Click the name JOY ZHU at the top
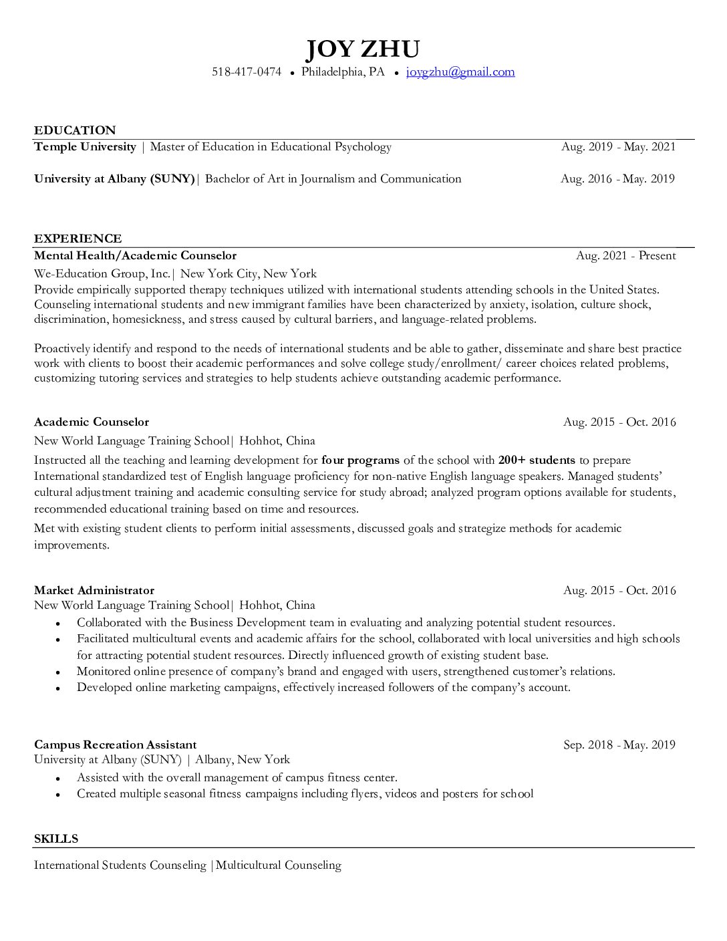coord(363,49)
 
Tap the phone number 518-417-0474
coord(247,72)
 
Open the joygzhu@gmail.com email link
coord(460,72)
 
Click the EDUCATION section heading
coord(75,130)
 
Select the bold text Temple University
coord(85,147)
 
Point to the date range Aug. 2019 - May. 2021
coord(618,147)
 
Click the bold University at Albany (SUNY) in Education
coord(114,179)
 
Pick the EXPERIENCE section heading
coord(78,239)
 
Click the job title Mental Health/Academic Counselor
coord(135,256)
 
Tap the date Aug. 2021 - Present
coord(626,256)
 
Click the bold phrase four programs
coord(360,460)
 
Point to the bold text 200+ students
coord(537,460)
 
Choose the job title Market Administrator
coord(94,591)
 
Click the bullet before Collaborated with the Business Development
coord(59,623)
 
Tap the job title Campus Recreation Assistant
coord(115,745)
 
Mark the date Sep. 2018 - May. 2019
coord(619,745)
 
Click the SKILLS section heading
coord(56,839)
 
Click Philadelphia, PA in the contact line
coord(343,72)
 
